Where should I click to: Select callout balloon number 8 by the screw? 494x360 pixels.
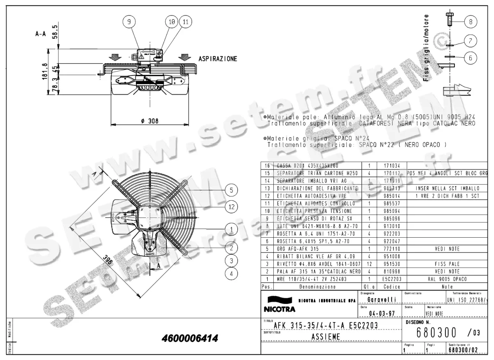click(470, 21)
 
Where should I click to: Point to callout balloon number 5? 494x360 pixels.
click(232, 189)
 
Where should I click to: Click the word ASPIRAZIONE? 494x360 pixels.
click(218, 59)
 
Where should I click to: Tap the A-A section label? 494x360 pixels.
click(40, 35)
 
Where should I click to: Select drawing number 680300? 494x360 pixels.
click(437, 332)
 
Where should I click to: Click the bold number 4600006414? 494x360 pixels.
click(190, 339)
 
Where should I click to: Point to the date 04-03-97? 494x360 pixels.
click(378, 313)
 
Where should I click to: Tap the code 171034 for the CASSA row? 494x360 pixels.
click(391, 166)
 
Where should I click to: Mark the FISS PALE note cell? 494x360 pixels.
click(447, 264)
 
